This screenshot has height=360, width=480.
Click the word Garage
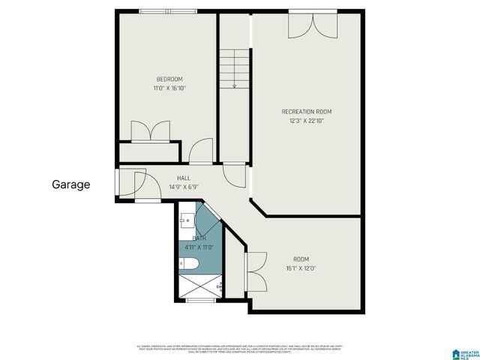pos(71,184)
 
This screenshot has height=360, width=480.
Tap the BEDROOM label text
pos(169,79)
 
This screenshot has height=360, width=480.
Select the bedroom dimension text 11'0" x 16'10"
pos(169,88)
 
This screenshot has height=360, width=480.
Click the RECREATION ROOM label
pos(306,112)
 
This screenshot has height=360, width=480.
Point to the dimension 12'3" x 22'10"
pos(306,121)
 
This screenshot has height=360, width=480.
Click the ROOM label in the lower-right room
pos(301,259)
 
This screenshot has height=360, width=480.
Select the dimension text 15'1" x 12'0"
pos(301,268)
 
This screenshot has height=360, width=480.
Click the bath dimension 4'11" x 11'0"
pos(199,247)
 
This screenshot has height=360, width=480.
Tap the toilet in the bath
pos(190,263)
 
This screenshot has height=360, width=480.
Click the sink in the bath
pos(185,222)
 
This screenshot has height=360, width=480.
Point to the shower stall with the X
pos(199,286)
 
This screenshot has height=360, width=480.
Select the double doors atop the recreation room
pos(313,24)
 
